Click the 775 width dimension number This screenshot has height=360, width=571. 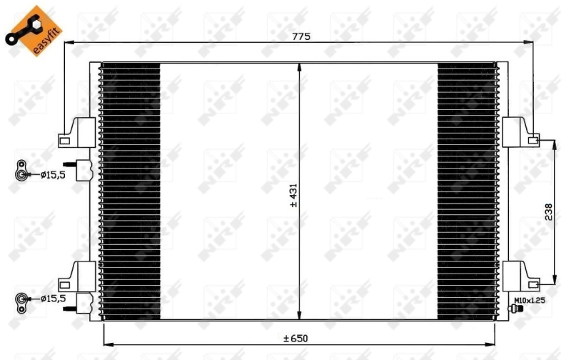[301, 36]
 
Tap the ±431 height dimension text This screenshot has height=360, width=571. [293, 194]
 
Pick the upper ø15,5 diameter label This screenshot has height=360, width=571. [52, 173]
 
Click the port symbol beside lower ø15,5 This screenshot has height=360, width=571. [23, 299]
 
